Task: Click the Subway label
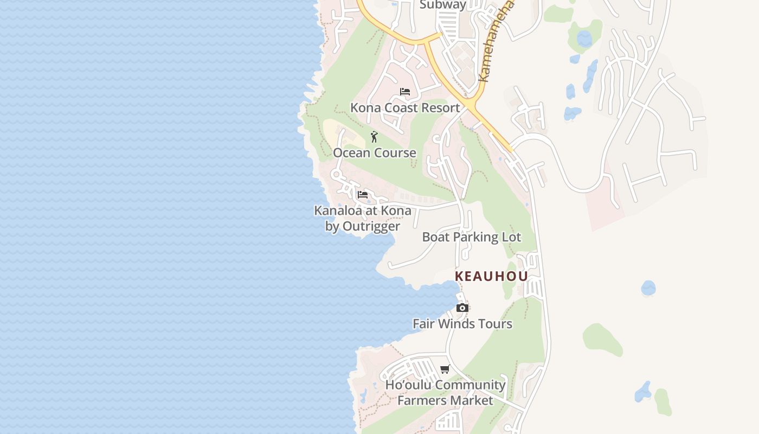[443, 5]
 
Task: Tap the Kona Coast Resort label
[405, 107]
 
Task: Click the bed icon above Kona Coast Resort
[405, 91]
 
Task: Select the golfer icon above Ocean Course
[374, 137]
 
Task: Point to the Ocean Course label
[375, 153]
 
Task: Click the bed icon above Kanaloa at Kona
[363, 194]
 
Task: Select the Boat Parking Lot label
[471, 237]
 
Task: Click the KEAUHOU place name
[491, 276]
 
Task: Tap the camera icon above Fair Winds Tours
[462, 308]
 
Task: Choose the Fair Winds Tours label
[462, 324]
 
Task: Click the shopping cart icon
[445, 369]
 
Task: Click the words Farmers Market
[445, 401]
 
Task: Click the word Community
[470, 385]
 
